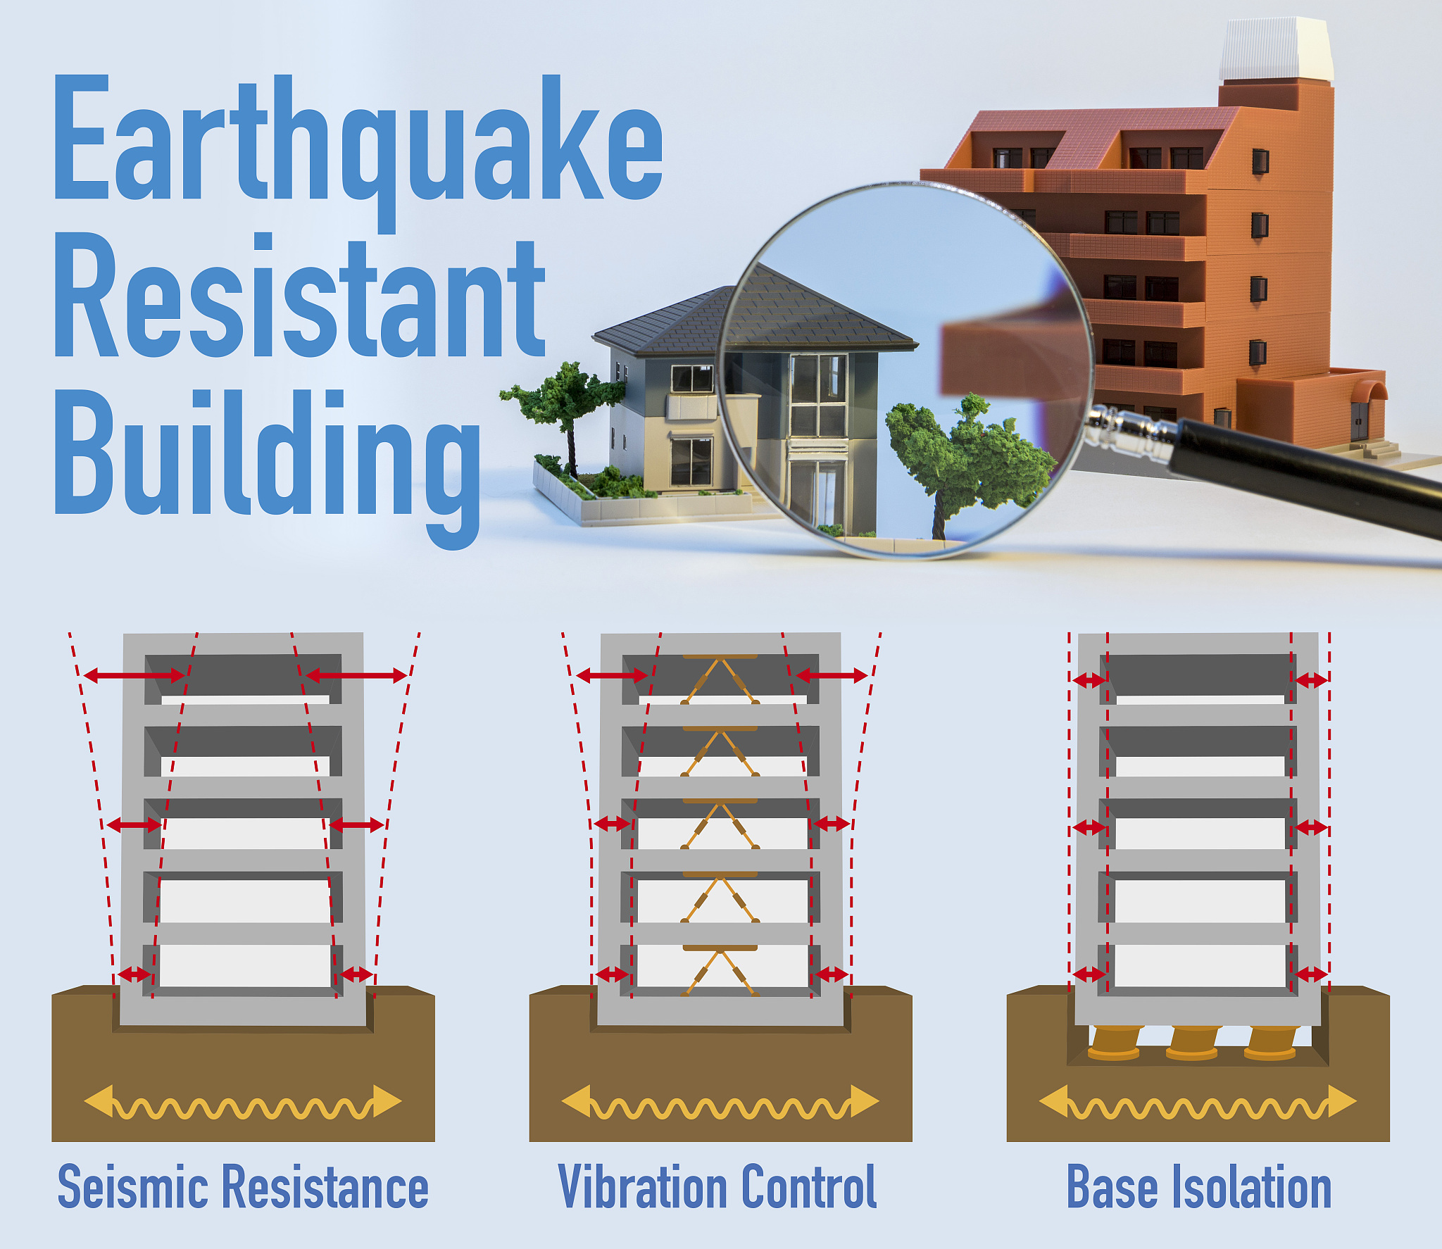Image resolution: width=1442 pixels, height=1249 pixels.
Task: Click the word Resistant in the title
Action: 300,295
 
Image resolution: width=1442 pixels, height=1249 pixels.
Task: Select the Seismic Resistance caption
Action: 243,1187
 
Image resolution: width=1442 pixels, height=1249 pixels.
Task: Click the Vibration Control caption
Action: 717,1187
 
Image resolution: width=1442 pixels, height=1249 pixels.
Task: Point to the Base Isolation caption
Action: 1199,1187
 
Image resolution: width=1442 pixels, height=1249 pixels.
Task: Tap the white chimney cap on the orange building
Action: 1276,49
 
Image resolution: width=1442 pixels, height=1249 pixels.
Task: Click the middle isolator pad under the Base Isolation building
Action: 1193,1042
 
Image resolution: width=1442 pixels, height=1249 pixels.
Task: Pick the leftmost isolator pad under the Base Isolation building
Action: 1115,1042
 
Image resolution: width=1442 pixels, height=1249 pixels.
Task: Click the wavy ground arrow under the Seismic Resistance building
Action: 243,1102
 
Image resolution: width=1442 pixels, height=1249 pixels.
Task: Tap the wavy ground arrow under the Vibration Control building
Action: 720,1102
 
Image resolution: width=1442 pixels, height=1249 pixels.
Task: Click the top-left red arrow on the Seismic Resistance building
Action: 134,676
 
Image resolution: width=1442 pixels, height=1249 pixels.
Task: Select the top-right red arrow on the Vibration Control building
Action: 831,676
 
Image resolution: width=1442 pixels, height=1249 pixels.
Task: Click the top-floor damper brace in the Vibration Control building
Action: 720,679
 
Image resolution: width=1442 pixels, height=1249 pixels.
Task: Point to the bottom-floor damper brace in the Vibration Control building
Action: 720,971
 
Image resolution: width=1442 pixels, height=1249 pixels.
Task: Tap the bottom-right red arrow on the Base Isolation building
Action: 1311,974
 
